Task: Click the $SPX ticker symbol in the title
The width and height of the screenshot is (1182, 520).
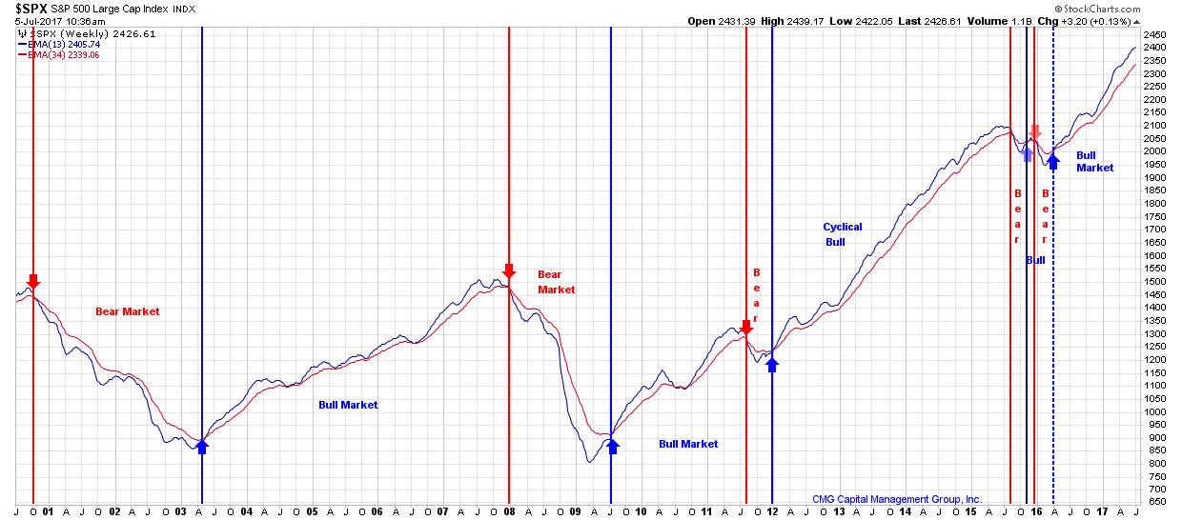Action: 31,9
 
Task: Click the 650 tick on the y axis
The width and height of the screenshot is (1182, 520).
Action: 1154,502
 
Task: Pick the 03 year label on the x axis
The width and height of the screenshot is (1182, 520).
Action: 180,510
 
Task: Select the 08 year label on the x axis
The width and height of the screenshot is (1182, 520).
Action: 508,510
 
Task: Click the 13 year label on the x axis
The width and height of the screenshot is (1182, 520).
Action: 838,510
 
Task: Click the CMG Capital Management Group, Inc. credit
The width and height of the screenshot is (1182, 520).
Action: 897,499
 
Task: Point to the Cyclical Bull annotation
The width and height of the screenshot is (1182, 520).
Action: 843,234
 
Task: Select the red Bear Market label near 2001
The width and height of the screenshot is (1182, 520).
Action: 128,311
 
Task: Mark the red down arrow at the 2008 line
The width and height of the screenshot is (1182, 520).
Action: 508,271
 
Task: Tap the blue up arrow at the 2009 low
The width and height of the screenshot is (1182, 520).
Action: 611,445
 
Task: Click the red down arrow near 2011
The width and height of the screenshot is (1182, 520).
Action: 745,327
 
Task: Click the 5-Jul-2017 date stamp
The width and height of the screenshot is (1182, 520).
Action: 46,20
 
